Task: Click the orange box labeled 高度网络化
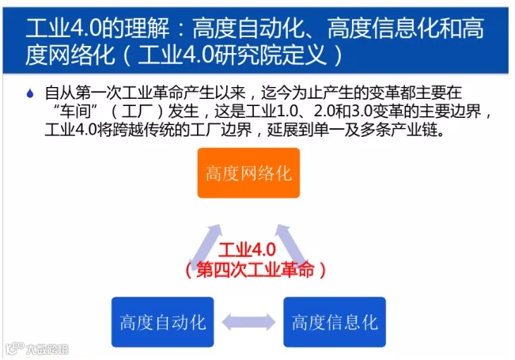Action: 248,172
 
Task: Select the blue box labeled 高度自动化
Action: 162,322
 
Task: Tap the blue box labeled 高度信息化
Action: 334,322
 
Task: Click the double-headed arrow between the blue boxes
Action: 248,323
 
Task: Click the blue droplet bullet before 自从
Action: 30,93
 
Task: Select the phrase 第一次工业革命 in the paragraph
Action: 115,93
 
